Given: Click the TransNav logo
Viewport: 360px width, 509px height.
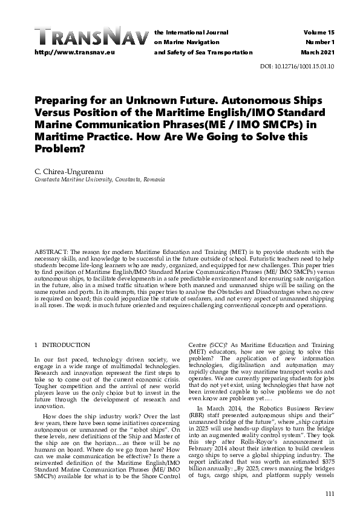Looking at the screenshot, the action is [91, 37].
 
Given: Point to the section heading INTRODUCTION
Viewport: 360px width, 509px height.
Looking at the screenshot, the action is [66, 345].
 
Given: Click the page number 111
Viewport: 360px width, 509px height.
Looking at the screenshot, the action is [329, 494].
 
